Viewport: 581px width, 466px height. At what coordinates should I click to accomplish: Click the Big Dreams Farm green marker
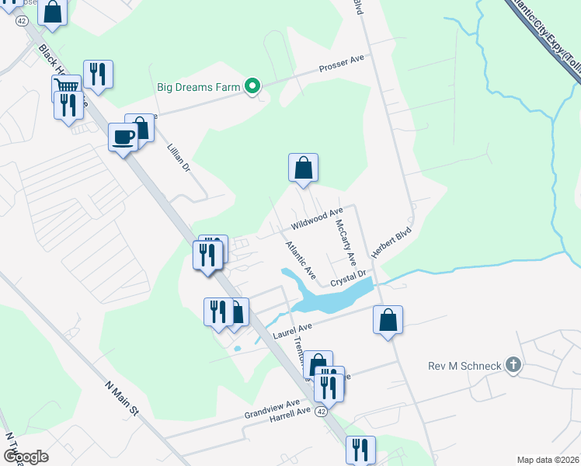252,87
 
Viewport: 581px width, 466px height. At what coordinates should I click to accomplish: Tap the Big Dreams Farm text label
199,87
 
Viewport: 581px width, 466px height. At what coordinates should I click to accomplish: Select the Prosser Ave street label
341,64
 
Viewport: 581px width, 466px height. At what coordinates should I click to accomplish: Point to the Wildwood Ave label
317,218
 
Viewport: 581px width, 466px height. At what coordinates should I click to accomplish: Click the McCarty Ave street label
346,240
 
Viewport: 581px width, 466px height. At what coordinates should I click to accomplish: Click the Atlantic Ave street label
300,260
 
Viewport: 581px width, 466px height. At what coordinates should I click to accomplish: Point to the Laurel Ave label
293,331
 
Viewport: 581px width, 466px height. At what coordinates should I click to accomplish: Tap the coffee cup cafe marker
123,137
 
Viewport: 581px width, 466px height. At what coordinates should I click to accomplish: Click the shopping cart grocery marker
67,87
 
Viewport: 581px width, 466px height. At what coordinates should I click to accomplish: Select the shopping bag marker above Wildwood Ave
303,168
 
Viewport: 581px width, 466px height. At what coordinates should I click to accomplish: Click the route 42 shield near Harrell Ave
321,415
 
